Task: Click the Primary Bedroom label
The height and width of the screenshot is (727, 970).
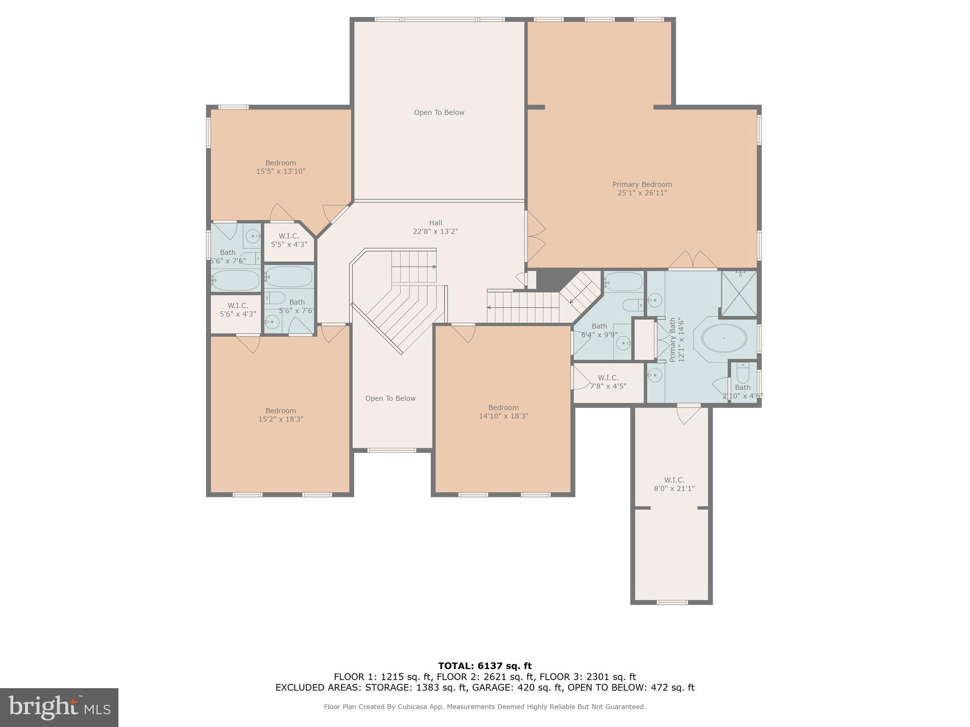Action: [x=642, y=188]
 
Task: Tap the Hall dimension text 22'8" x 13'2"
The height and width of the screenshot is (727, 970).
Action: [x=435, y=231]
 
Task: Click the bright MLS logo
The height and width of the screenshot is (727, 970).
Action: [x=59, y=707]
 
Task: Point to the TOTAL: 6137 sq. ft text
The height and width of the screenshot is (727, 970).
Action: [x=485, y=666]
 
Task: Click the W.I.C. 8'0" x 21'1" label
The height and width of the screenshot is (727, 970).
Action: [x=674, y=484]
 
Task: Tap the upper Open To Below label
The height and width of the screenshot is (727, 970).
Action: [x=439, y=112]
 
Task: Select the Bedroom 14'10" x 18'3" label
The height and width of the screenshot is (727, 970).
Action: [x=503, y=412]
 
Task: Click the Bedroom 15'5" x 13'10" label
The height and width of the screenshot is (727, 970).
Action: [x=280, y=167]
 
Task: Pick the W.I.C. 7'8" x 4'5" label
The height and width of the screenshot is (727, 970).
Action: [x=608, y=381]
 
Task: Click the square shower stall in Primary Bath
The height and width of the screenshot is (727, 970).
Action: [x=739, y=293]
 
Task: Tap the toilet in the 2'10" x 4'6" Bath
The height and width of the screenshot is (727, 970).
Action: [x=743, y=373]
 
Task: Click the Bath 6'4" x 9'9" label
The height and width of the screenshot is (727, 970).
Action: [x=599, y=330]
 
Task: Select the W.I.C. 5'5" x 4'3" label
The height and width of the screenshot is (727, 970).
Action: [x=289, y=240]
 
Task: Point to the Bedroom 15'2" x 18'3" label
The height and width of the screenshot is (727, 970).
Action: [x=280, y=415]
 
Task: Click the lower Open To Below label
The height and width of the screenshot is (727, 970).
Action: [x=390, y=399]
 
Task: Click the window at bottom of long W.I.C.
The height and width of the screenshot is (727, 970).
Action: [x=672, y=603]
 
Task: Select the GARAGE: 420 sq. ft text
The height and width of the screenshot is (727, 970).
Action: [x=518, y=688]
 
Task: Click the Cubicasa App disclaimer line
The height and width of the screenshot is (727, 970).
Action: [x=485, y=707]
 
